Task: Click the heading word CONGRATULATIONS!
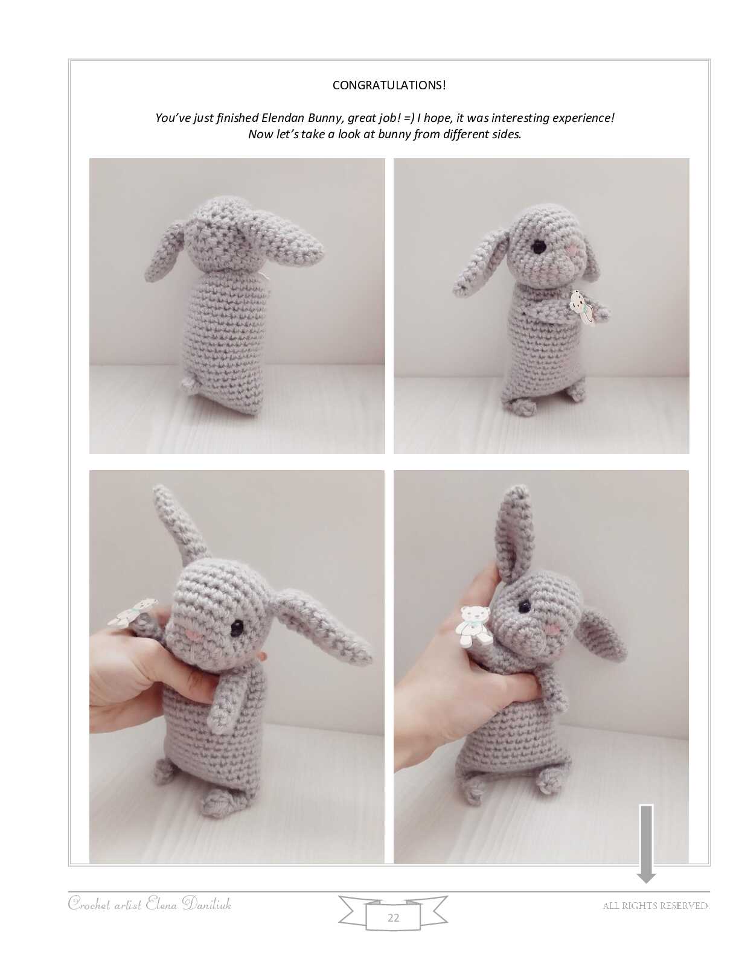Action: point(389,85)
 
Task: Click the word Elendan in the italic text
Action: point(283,118)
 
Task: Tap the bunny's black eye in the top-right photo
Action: point(539,247)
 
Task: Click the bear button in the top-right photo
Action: point(581,306)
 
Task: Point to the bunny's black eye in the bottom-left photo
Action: point(238,629)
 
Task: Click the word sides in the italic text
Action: point(507,134)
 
